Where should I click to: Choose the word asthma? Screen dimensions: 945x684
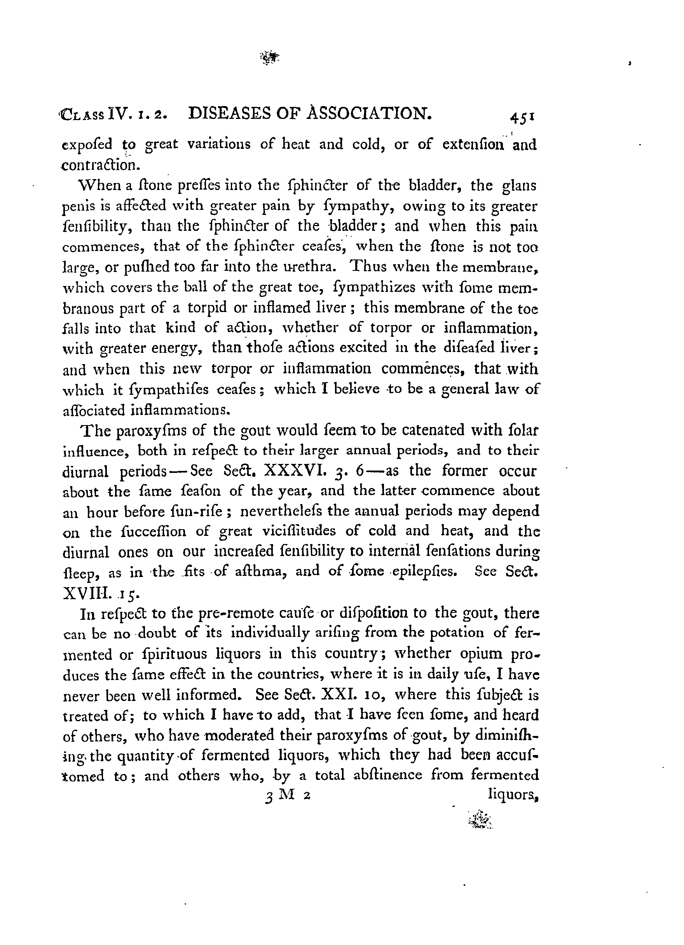coord(260,572)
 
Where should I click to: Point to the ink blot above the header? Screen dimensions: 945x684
coord(269,58)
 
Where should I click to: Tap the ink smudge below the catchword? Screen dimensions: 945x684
coord(480,819)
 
